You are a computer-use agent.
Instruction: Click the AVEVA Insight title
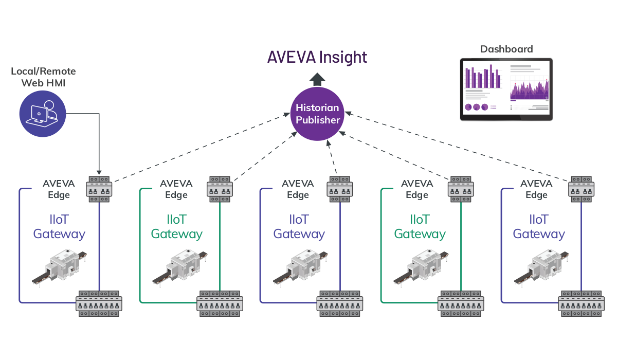(317, 57)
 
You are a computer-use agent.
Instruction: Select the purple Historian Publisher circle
(317, 114)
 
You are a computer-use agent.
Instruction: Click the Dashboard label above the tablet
(506, 49)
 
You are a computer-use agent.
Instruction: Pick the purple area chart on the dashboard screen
(529, 90)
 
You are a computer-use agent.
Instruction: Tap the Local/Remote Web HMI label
(43, 77)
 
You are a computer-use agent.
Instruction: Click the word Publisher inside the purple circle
(317, 120)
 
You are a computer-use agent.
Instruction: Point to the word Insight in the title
(343, 57)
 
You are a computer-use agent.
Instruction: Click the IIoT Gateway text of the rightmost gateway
(539, 227)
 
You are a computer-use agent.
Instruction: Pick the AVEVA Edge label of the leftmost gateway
(58, 189)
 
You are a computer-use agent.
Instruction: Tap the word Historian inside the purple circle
(317, 108)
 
